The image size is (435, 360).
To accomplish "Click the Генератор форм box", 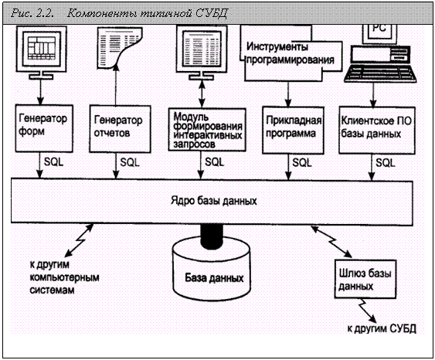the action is click(44, 128).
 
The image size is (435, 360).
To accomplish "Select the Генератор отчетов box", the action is click(120, 129).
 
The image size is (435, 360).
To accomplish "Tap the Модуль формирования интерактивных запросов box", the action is click(207, 130).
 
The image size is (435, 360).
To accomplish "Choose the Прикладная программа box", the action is click(294, 131).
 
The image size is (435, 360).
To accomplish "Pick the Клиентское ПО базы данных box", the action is click(377, 131).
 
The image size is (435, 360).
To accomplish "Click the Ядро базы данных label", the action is click(213, 200).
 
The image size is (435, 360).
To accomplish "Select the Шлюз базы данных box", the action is click(365, 279).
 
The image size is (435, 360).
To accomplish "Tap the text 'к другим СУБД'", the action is click(382, 328).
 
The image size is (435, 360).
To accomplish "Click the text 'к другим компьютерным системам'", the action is click(64, 277).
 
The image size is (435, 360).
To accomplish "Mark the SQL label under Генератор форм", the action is click(54, 162).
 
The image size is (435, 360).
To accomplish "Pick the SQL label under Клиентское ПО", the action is click(386, 162).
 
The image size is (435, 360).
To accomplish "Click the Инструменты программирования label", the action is click(291, 53).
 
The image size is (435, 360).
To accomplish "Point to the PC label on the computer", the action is click(379, 29).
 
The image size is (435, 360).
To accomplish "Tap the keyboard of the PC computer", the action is click(380, 74).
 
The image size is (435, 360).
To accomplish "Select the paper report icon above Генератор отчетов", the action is click(120, 48).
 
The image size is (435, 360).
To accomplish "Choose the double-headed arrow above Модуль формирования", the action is click(202, 93).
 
